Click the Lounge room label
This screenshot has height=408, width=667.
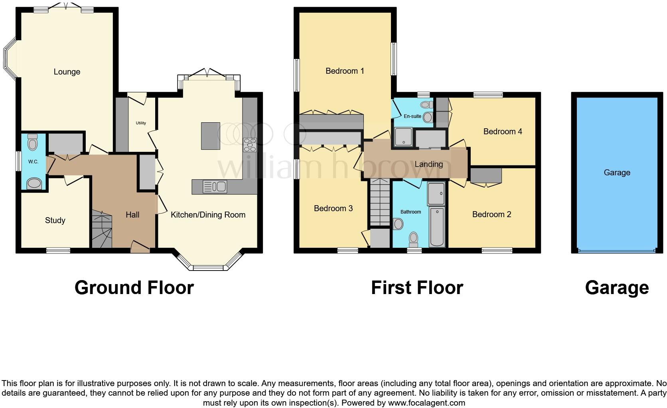coord(67,72)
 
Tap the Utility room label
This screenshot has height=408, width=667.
coord(141,123)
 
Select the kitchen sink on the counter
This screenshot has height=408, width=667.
coord(215,186)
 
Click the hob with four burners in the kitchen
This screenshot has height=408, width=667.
coord(250,145)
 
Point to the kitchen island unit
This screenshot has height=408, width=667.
coord(211,136)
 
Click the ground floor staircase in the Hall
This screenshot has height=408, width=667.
coord(101,230)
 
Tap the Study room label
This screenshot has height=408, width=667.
coord(55,220)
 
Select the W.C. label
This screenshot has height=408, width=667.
coord(33,162)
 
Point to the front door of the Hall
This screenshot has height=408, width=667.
coord(140,249)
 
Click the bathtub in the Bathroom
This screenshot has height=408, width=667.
coord(437,226)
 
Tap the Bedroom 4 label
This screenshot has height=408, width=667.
coord(503,131)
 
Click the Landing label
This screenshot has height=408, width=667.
coord(429,164)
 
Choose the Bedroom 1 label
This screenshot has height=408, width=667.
coord(345,71)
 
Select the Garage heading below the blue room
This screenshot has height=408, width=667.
coord(617,288)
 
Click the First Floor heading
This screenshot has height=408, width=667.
coord(417,288)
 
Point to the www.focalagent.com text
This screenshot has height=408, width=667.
coord(426,403)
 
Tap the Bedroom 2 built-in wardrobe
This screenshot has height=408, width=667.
coord(486,175)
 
